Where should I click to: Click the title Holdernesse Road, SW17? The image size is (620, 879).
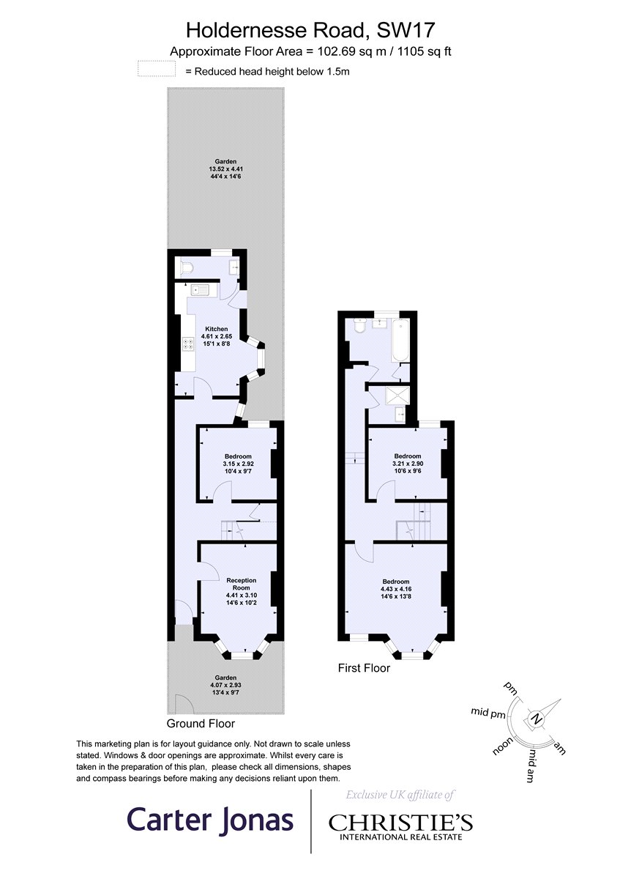pos(311,30)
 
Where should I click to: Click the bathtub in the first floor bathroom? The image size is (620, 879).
pos(401,341)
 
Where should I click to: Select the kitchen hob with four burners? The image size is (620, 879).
pos(187,345)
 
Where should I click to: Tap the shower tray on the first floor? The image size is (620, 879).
pos(396,396)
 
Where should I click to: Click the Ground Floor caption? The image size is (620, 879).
pos(201,724)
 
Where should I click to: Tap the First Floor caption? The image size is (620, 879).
pos(364,668)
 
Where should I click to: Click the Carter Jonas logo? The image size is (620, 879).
pos(211,820)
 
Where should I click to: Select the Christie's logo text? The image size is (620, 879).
pos(400,823)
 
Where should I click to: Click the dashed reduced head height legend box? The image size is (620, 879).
pos(156,70)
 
